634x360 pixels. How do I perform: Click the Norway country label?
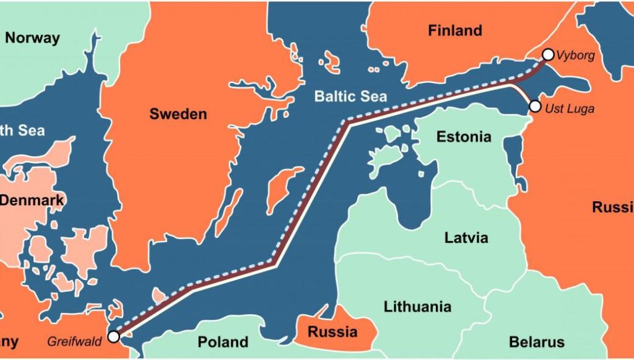click(32, 38)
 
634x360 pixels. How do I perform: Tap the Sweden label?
click(178, 114)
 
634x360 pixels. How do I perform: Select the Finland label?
click(454, 30)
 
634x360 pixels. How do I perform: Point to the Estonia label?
click(464, 136)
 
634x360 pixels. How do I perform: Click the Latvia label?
click(466, 237)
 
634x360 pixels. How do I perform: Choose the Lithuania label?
click(417, 306)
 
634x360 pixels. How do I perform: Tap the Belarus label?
click(536, 341)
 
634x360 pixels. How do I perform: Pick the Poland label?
click(223, 341)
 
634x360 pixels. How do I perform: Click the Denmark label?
click(32, 200)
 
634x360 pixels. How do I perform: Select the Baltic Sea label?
click(350, 96)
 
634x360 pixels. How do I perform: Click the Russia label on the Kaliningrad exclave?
click(332, 331)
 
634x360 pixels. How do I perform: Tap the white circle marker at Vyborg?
click(548, 55)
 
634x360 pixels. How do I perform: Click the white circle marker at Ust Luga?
click(535, 107)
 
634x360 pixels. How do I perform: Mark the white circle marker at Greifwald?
click(113, 336)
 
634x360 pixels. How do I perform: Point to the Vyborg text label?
click(575, 56)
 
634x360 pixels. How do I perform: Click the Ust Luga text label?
click(570, 108)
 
